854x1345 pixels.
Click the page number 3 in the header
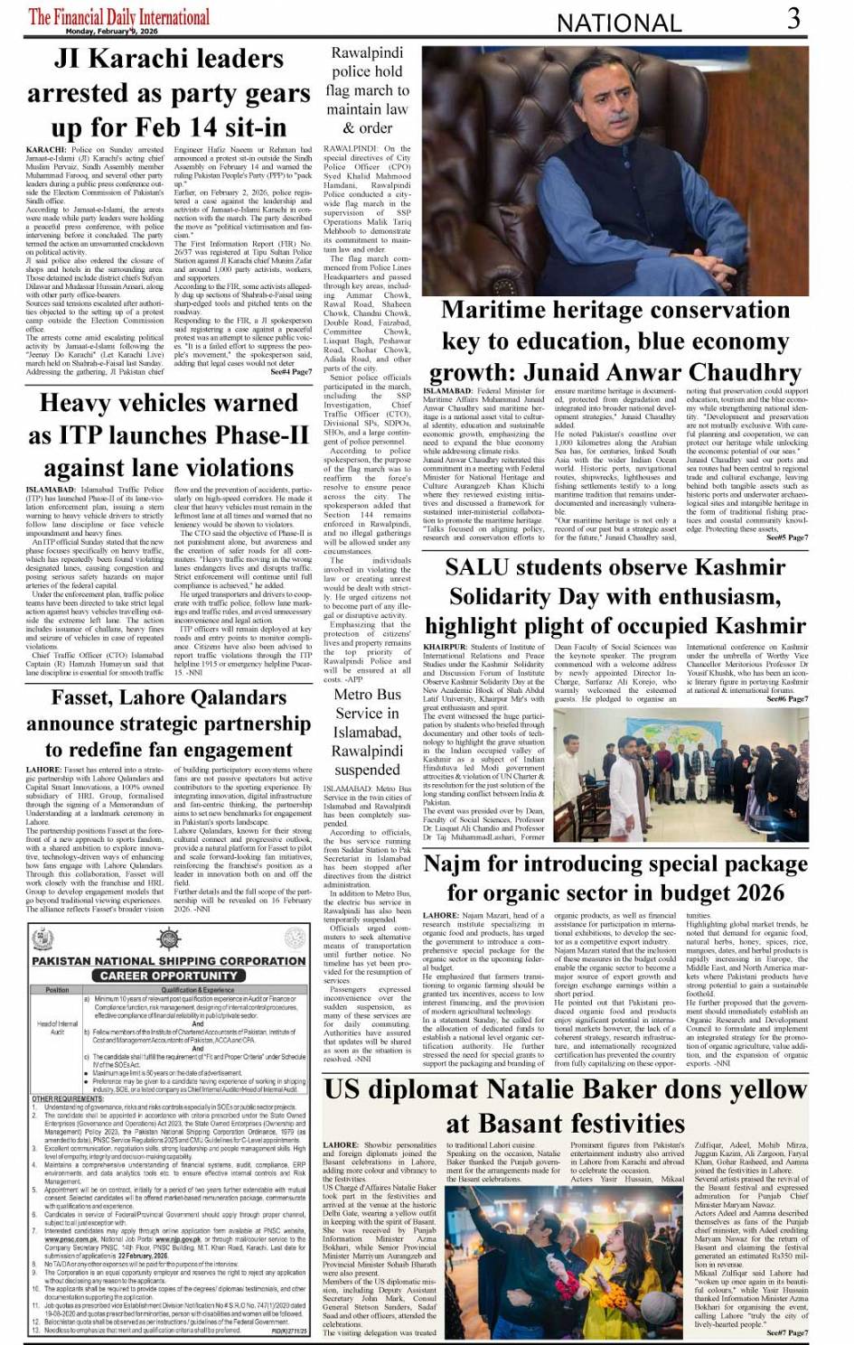pyautogui.click(x=793, y=18)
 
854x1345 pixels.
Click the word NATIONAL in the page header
pyautogui.click(x=618, y=23)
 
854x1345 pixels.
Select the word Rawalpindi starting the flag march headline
pyautogui.click(x=367, y=53)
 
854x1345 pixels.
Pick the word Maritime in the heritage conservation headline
pyautogui.click(x=506, y=311)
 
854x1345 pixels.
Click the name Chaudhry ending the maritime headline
pyautogui.click(x=746, y=372)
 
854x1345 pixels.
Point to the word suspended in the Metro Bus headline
pyautogui.click(x=367, y=770)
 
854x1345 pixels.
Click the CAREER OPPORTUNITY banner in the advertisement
pyautogui.click(x=169, y=976)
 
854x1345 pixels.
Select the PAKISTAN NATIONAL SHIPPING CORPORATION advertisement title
pyautogui.click(x=169, y=960)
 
